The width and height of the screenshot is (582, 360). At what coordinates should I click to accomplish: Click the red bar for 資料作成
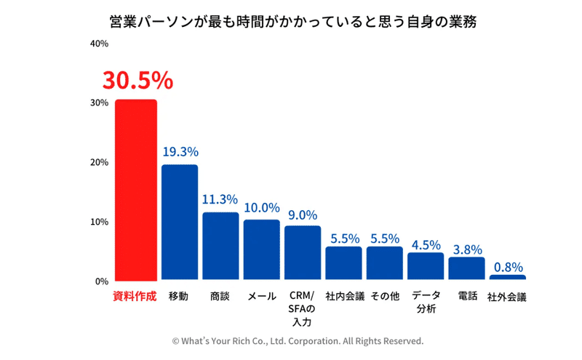[135, 190]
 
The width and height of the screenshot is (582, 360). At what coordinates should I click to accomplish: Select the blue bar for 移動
[179, 223]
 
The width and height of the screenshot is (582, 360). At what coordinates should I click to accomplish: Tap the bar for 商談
[220, 246]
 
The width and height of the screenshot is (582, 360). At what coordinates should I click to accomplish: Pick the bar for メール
[261, 249]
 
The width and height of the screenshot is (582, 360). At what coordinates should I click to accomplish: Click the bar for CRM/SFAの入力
[302, 252]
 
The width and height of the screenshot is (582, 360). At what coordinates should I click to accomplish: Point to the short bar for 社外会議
[507, 277]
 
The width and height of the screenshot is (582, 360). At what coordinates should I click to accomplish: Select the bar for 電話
[466, 268]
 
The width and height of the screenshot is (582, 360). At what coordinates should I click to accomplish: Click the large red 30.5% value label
[137, 80]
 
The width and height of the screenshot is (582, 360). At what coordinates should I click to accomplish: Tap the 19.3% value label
[180, 152]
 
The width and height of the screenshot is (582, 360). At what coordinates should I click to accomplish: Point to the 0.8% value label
[507, 267]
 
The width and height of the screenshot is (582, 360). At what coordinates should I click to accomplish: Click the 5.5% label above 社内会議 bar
[343, 237]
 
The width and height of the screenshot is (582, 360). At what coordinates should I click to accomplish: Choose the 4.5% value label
[426, 244]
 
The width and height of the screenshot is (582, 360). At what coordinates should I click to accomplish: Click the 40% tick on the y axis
[99, 44]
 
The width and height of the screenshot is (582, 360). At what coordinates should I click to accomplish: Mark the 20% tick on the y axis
[99, 162]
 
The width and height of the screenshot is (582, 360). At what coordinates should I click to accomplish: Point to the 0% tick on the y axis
[102, 281]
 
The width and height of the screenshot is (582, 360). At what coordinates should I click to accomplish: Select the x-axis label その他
[385, 297]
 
